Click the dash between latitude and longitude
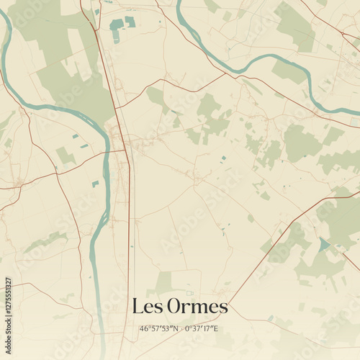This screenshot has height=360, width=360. click(181, 328)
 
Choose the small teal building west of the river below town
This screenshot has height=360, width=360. click(95, 184)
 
